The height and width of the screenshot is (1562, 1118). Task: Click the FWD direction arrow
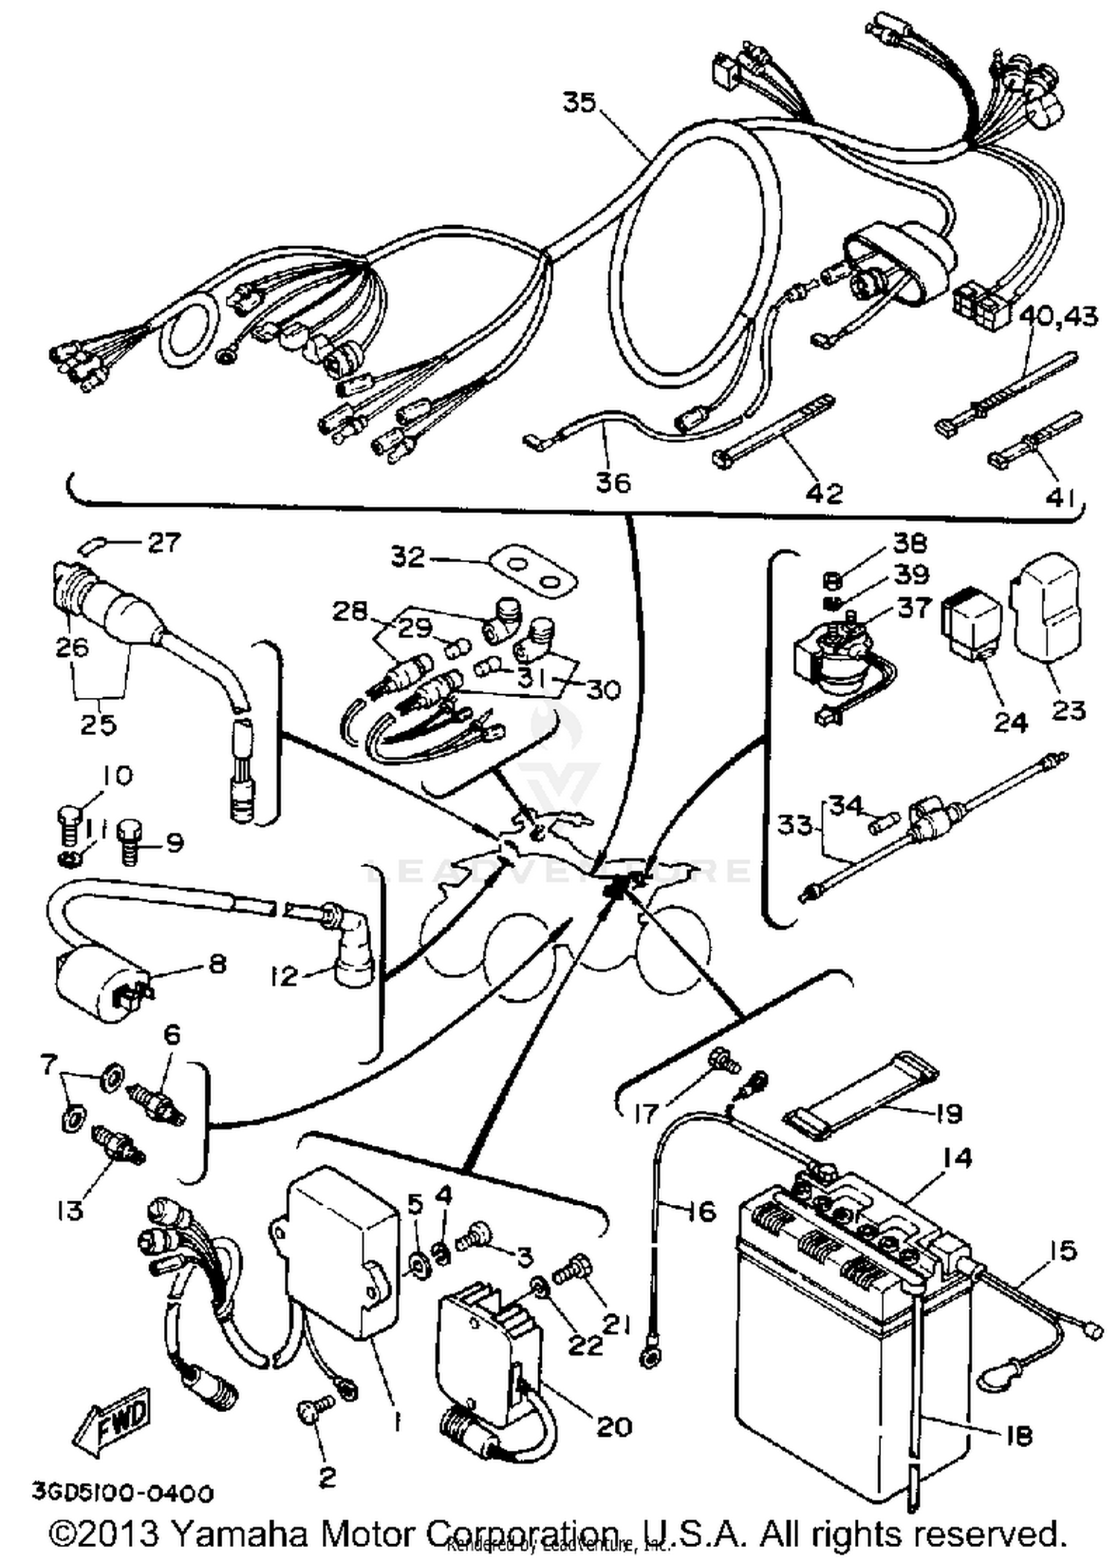[x=112, y=1414]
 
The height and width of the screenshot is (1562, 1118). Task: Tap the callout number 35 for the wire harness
[x=579, y=102]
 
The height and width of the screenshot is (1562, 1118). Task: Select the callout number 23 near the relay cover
[x=1067, y=709]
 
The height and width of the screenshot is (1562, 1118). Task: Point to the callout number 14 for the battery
[x=957, y=1157]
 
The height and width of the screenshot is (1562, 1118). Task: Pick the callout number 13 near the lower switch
[x=69, y=1211]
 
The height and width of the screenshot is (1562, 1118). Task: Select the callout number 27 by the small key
[x=164, y=542]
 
